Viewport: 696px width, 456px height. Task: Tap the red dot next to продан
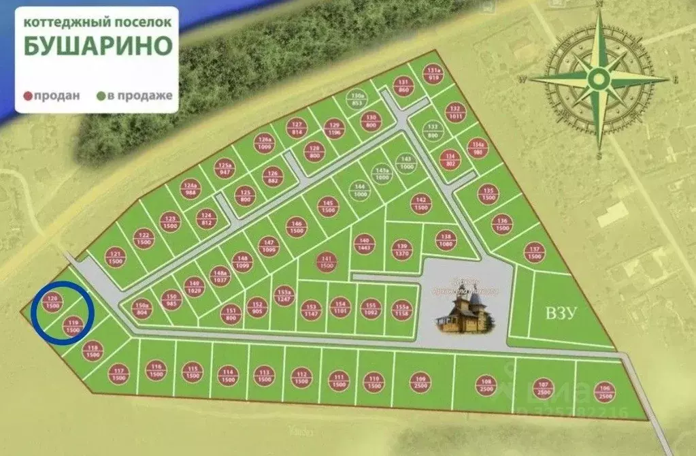point(29,96)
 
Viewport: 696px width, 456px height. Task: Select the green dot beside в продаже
point(101,96)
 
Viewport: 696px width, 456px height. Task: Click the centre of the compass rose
point(599,80)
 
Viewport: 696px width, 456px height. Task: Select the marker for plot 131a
point(433,74)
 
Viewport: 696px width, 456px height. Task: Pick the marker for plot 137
point(534,253)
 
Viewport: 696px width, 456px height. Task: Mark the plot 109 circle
point(420,382)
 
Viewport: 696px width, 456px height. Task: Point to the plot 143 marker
point(408,163)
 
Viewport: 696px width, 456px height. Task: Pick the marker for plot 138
point(446,240)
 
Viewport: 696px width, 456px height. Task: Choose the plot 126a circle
point(265,143)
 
